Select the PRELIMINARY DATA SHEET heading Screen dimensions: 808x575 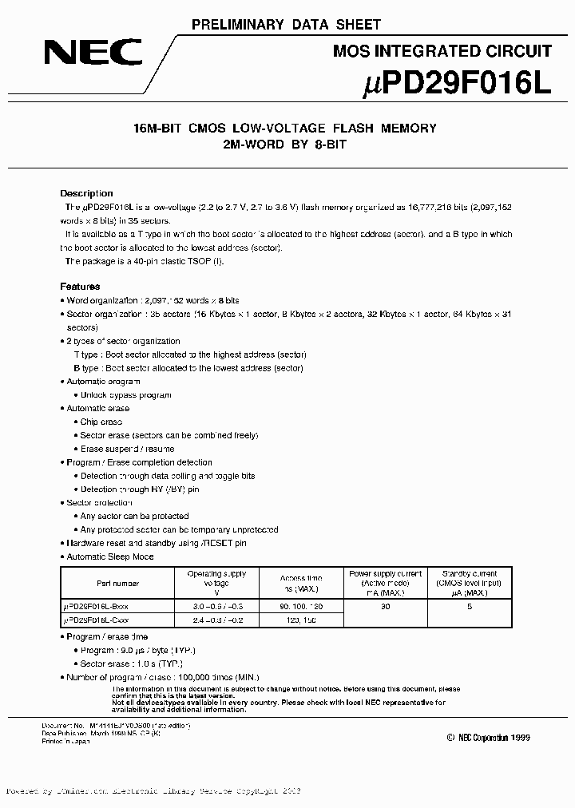pyautogui.click(x=286, y=25)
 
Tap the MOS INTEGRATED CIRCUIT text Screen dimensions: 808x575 pyautogui.click(x=442, y=51)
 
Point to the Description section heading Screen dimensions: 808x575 pyautogui.click(x=86, y=193)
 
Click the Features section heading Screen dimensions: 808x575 pyautogui.click(x=80, y=286)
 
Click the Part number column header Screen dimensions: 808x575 pyautogui.click(x=117, y=584)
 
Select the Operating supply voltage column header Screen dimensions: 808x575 pyautogui.click(x=216, y=584)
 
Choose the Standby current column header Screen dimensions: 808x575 pyautogui.click(x=469, y=584)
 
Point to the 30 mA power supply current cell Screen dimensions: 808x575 pyautogui.click(x=386, y=608)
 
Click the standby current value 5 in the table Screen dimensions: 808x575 pyautogui.click(x=470, y=608)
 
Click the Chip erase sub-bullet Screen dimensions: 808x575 pyautogui.click(x=101, y=422)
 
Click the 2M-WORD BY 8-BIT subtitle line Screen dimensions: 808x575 pyautogui.click(x=286, y=146)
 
